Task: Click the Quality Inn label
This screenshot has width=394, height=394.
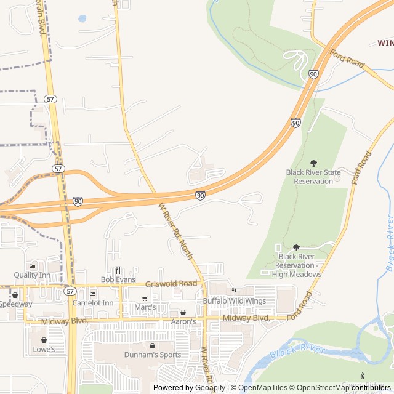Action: coord(32,275)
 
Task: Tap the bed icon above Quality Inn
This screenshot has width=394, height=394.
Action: coord(32,266)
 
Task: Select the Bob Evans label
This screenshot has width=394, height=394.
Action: coord(118,279)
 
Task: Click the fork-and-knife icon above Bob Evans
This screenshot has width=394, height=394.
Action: coord(118,270)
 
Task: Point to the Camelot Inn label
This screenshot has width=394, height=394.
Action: coord(93,303)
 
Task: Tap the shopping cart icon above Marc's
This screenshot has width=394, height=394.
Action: coord(145,298)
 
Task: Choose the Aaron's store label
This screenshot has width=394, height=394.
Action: coord(183,321)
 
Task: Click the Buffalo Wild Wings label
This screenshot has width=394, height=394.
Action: coord(235,300)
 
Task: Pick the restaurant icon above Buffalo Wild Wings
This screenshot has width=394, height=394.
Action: coord(234,291)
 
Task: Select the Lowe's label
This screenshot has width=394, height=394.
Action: coord(44,349)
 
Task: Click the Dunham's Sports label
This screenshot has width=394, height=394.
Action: coord(153,355)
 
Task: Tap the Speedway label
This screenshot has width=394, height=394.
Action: coord(15,304)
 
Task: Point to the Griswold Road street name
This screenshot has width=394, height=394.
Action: coord(171,284)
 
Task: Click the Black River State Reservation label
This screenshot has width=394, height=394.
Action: coord(313,177)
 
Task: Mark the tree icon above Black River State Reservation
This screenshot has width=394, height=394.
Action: coord(313,163)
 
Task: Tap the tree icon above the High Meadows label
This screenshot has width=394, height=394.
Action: coord(296,247)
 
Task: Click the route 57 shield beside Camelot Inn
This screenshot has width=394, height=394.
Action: coord(70,291)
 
